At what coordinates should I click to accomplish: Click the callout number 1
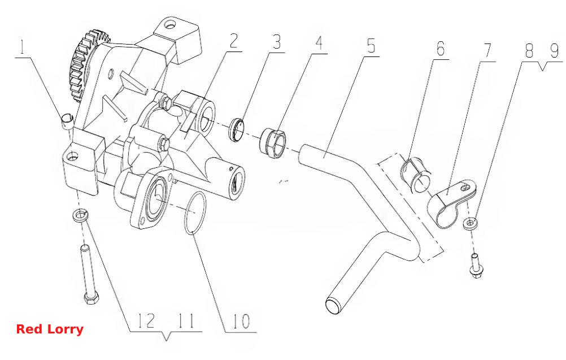pos(23,47)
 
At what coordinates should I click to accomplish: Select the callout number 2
pos(234,41)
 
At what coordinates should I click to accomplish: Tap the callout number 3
pos(276,42)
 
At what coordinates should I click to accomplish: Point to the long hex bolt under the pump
pos(89,275)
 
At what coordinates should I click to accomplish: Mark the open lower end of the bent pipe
pos(333,306)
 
